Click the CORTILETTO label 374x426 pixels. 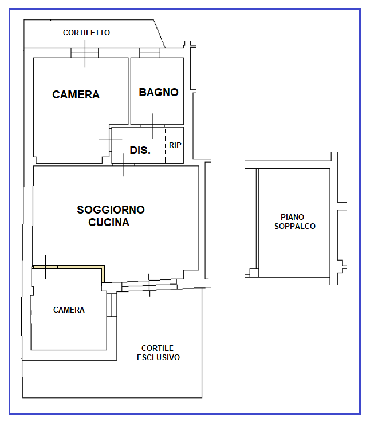(86, 33)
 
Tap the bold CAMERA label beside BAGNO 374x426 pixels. (76, 95)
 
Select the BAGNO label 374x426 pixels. (159, 92)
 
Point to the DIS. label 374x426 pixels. (140, 151)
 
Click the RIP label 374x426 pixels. (175, 145)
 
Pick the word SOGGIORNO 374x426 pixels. (111, 210)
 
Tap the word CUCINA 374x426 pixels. (109, 223)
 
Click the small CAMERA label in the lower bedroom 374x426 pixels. (69, 310)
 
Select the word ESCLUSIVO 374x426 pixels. (158, 357)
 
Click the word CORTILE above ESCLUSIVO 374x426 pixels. (158, 348)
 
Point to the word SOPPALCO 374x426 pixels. (294, 226)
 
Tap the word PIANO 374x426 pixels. (292, 217)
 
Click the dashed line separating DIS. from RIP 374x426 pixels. (165, 145)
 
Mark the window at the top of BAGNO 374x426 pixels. (149, 53)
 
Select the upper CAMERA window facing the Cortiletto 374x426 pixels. (85, 53)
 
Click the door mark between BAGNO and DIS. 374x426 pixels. (152, 126)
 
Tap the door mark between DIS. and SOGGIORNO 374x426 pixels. (124, 165)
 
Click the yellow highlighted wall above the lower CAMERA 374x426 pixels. (74, 266)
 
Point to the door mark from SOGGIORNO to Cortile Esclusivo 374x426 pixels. (149, 285)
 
